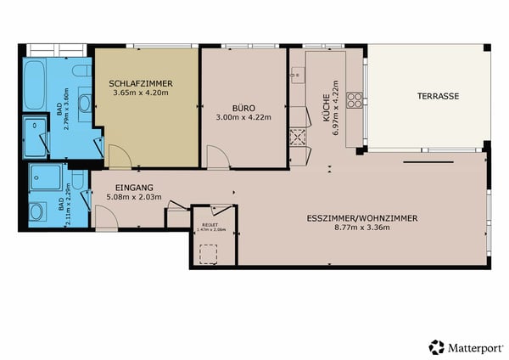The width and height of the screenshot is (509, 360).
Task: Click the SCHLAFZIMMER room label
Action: click(x=141, y=83)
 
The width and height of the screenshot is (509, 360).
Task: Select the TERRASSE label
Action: click(x=438, y=97)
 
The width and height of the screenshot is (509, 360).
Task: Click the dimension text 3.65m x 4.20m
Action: click(x=143, y=93)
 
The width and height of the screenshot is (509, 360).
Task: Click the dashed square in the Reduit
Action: click(x=207, y=254)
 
